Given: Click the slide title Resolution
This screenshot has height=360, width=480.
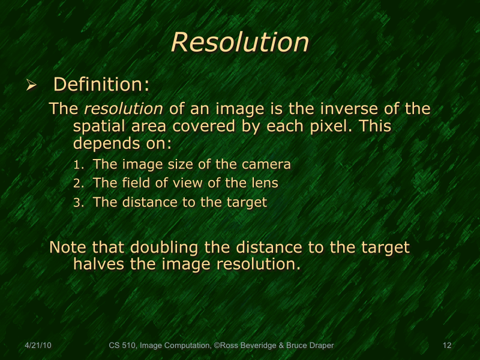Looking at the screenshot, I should point(240,42).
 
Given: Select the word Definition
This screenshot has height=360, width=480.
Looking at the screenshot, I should point(99,84).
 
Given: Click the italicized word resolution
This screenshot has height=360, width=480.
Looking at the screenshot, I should point(124,109).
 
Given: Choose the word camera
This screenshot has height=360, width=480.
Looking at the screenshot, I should point(267,164).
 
